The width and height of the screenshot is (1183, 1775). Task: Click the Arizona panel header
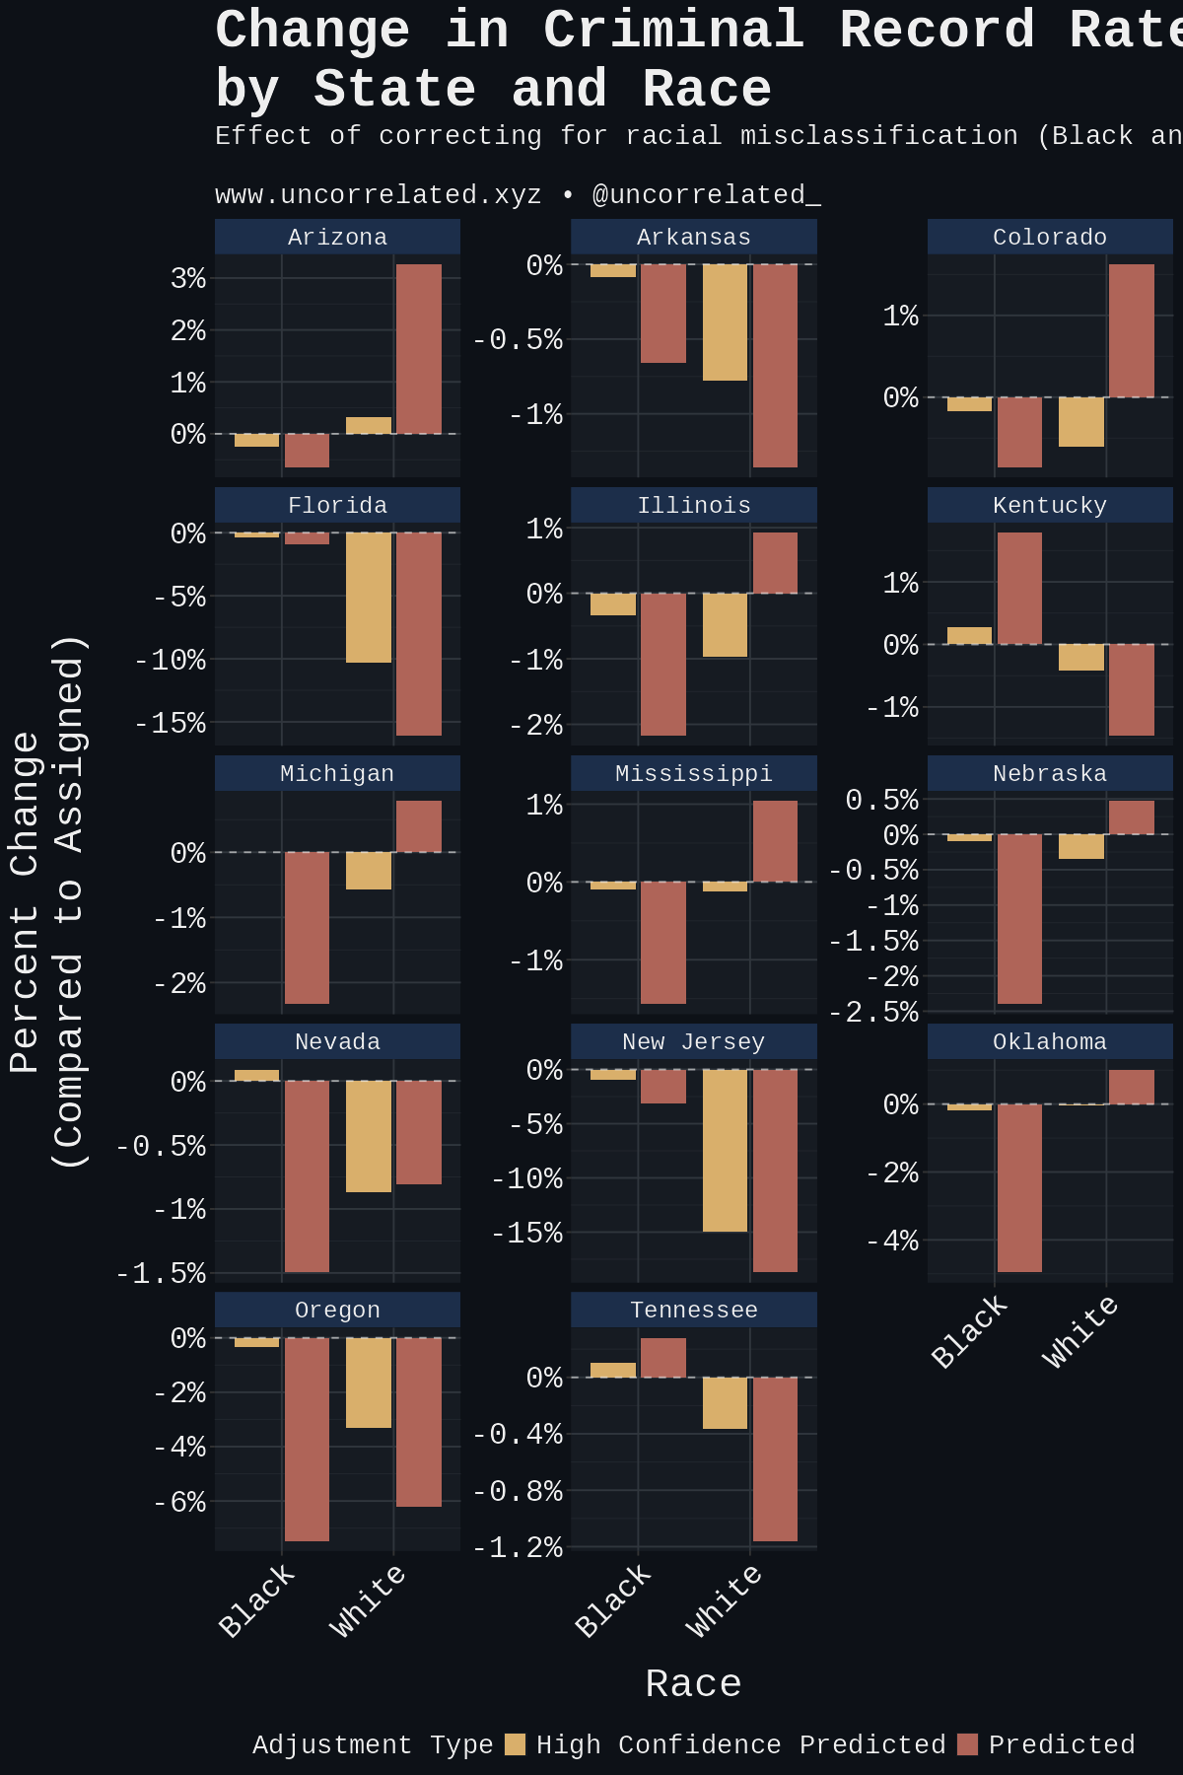click(x=337, y=237)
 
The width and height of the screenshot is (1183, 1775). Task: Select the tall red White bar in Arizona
click(x=419, y=349)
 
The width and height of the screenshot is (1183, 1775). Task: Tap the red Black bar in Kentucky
click(x=1019, y=589)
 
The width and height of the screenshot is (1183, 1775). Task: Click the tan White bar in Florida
click(x=369, y=598)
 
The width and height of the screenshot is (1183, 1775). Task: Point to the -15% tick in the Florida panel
click(x=171, y=723)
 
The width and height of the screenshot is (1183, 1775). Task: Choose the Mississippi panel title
click(x=694, y=773)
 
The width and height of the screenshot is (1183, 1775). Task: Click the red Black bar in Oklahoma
click(x=1019, y=1188)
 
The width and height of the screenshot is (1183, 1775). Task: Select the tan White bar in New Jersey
click(x=725, y=1151)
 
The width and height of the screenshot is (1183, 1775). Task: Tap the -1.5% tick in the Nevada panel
click(x=162, y=1273)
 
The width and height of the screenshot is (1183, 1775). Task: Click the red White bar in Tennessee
click(x=775, y=1459)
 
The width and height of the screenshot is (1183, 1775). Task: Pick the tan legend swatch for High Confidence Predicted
click(x=515, y=1744)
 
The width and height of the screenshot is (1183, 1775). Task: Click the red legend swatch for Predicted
click(x=967, y=1744)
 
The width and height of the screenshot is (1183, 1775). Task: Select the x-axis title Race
click(x=693, y=1683)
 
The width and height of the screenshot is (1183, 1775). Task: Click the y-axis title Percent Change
click(x=26, y=901)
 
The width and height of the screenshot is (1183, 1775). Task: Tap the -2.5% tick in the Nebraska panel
click(x=873, y=1013)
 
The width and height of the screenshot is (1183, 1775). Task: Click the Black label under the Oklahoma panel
click(x=970, y=1332)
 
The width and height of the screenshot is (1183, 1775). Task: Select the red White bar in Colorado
click(x=1131, y=331)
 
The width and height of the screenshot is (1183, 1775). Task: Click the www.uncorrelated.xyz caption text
click(x=379, y=194)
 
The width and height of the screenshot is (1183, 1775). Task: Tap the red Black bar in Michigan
click(x=307, y=928)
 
